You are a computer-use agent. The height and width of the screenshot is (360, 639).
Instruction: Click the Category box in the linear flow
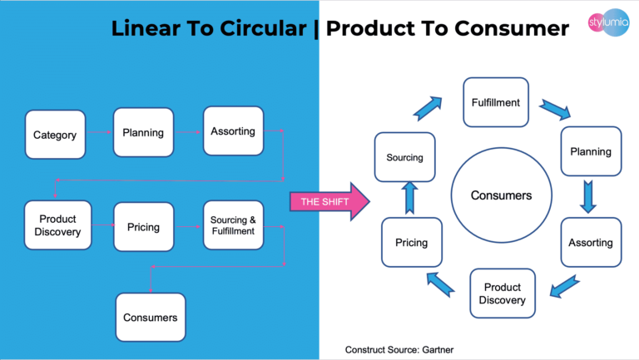pyautogui.click(x=55, y=135)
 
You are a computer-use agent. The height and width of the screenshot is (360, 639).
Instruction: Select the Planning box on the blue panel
pyautogui.click(x=143, y=132)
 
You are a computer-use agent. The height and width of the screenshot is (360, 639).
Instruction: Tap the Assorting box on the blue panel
pyautogui.click(x=233, y=131)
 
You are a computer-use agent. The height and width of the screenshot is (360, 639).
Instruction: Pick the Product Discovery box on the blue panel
pyautogui.click(x=57, y=225)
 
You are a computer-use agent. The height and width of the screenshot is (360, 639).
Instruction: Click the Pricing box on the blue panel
pyautogui.click(x=143, y=226)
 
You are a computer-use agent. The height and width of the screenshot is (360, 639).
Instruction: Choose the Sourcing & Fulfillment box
pyautogui.click(x=233, y=225)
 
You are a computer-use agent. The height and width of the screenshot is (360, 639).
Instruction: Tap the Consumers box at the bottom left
pyautogui.click(x=150, y=317)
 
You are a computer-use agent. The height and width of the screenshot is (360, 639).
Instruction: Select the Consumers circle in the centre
pyautogui.click(x=501, y=196)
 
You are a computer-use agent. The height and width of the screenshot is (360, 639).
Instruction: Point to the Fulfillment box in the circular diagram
pyautogui.click(x=496, y=102)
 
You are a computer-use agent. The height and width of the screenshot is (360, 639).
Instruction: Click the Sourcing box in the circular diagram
pyautogui.click(x=405, y=157)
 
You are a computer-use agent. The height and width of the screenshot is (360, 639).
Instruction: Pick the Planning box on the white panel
pyautogui.click(x=591, y=151)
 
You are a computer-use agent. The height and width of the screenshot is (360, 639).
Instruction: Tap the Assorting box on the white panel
pyautogui.click(x=591, y=243)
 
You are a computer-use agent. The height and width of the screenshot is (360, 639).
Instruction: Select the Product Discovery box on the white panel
pyautogui.click(x=503, y=293)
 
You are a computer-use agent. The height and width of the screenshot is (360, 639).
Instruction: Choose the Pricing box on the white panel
pyautogui.click(x=411, y=243)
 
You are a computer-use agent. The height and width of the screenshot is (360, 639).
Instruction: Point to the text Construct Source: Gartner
pyautogui.click(x=399, y=349)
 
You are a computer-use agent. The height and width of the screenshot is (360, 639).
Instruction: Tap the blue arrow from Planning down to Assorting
pyautogui.click(x=589, y=197)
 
